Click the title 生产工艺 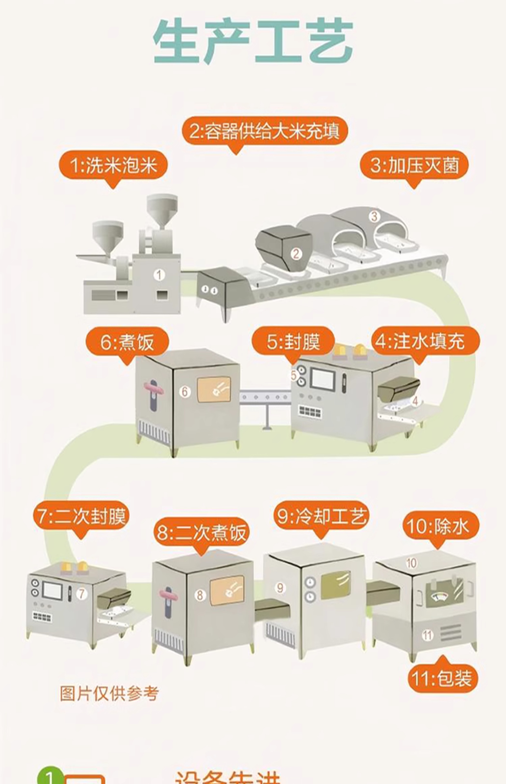coord(253,41)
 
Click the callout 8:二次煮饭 coord(201,532)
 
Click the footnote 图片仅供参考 coord(109,694)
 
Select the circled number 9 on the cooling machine coord(280,588)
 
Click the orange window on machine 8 coord(227,591)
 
